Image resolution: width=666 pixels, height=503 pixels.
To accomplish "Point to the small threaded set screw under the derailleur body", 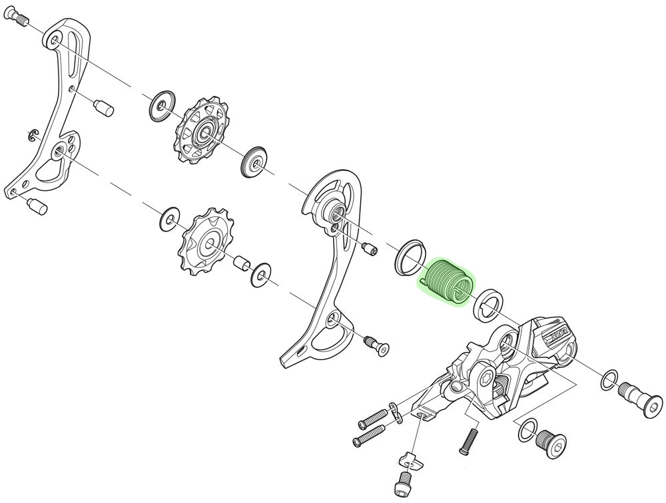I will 470,438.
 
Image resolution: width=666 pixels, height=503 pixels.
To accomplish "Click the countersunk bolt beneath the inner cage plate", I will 378,344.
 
